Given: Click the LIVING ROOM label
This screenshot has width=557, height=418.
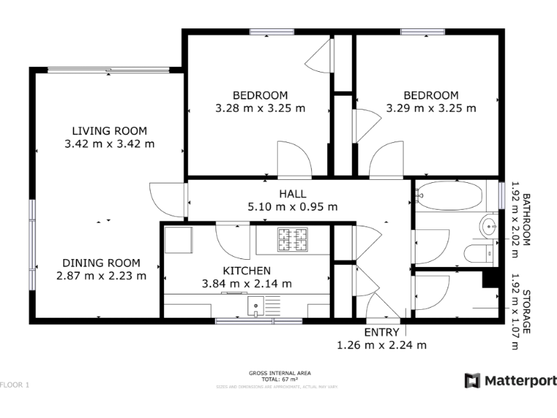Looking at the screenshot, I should tap(109, 131).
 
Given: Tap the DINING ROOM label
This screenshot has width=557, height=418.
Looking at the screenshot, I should tap(101, 263).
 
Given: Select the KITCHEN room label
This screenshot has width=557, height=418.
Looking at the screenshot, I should tap(247, 271).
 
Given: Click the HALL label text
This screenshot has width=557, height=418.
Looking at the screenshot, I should tap(292, 194).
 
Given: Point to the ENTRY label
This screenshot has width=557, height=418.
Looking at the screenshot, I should tap(381, 332).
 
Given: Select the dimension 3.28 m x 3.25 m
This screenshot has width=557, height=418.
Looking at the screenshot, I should tap(260, 108).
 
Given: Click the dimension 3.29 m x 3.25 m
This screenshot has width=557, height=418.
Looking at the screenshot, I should tap(431, 108).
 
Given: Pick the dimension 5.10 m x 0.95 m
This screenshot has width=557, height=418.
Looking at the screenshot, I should tap(292, 206).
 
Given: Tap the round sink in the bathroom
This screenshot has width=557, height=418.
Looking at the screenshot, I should tap(488, 226).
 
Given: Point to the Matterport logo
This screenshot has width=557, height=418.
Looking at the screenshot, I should tap(511, 380).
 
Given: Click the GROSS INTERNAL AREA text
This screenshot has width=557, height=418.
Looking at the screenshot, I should tap(279, 373).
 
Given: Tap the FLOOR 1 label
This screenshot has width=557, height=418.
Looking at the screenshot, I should tap(15, 385).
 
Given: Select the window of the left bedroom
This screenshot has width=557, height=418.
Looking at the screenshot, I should tap(272, 32).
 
